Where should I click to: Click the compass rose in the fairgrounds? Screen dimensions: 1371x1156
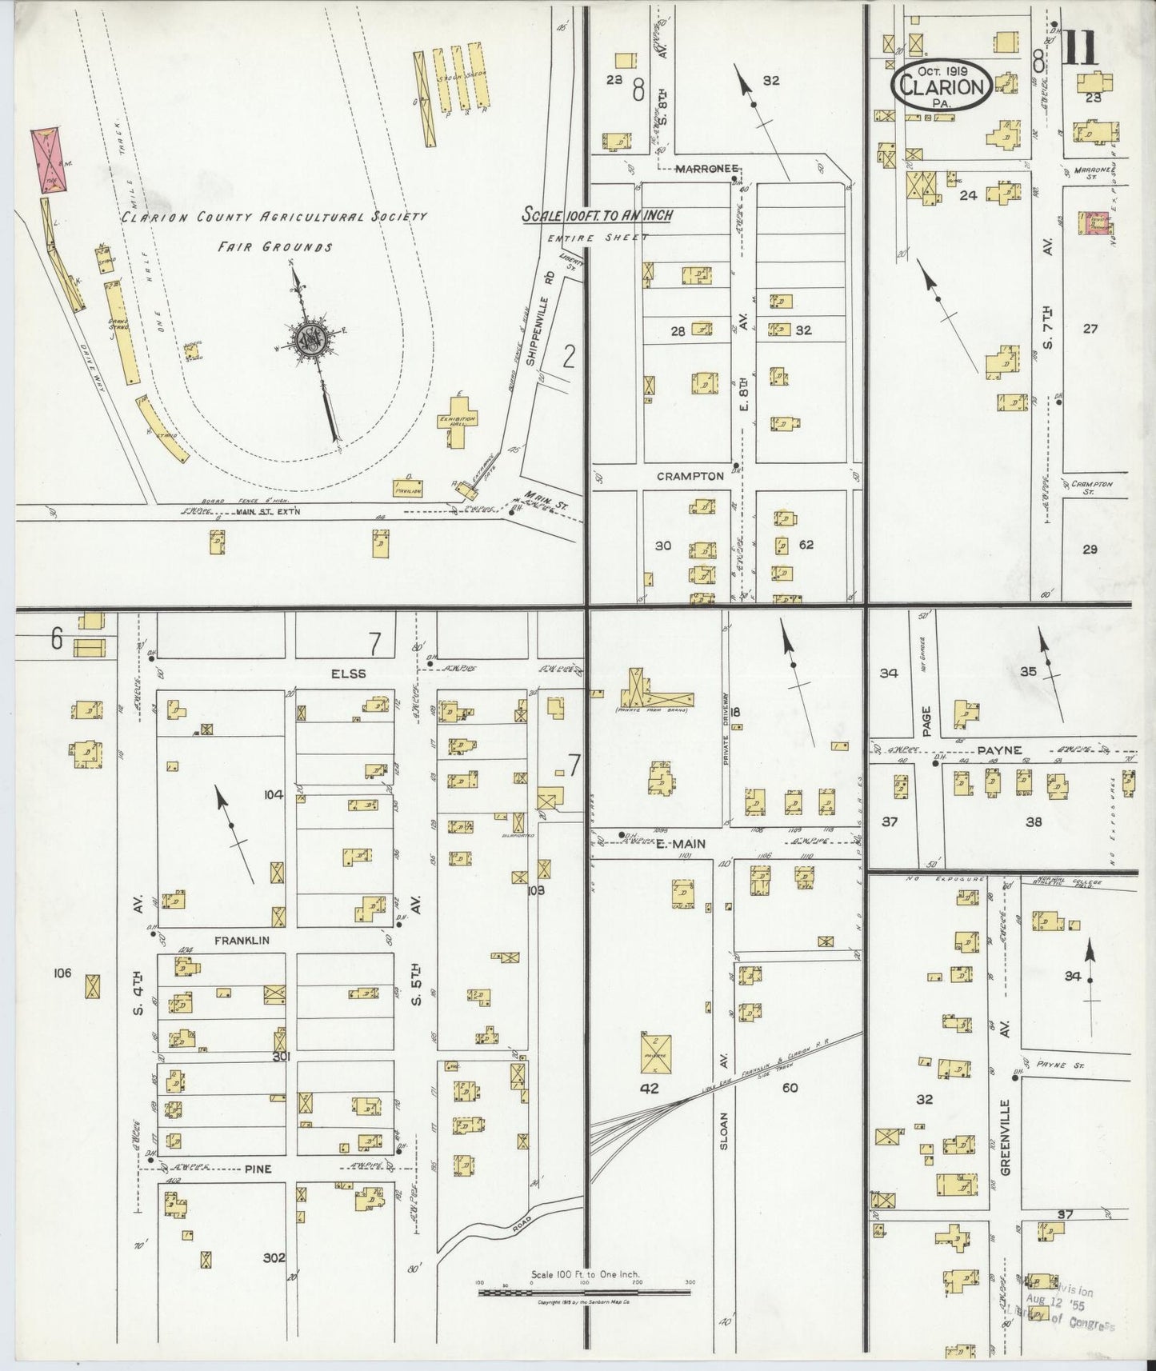307,341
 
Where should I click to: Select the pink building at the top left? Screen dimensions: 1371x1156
49,159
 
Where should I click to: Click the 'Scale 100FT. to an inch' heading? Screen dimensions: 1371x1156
597,215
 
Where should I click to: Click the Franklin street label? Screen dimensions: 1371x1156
236,941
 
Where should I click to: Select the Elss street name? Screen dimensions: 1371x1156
350,674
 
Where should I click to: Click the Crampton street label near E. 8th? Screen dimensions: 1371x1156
690,476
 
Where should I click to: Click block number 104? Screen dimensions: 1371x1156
274,794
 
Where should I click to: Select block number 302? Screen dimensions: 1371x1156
274,1279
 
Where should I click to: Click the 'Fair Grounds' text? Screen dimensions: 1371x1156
275,247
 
